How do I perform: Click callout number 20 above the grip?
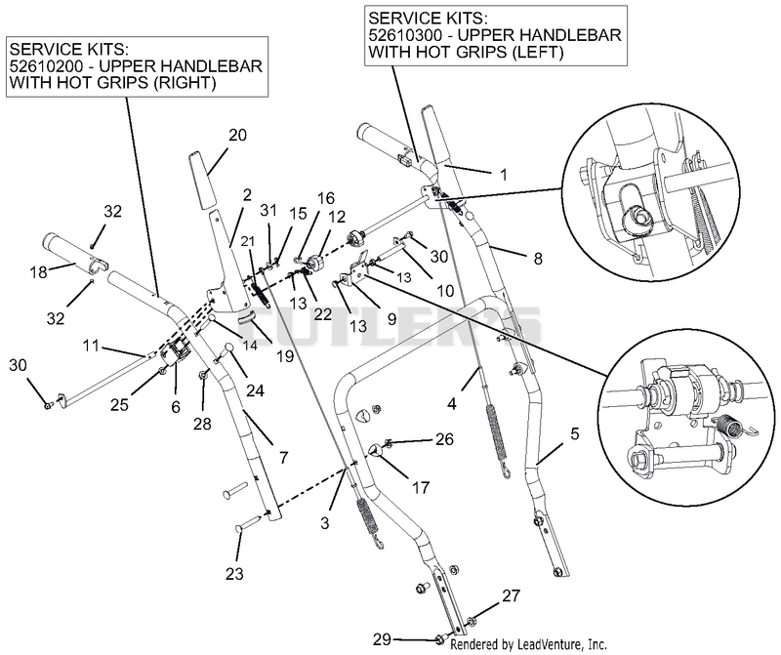tap(237, 135)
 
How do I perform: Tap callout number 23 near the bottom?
tap(234, 573)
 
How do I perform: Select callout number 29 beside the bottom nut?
tap(383, 638)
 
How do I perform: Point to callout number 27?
tap(511, 595)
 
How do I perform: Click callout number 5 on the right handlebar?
tap(574, 433)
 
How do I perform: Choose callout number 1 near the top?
tap(504, 175)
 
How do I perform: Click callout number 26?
tap(444, 439)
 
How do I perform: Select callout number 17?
tap(421, 487)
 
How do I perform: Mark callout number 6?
tap(176, 407)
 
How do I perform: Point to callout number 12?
tap(337, 217)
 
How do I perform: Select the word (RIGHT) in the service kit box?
tap(185, 83)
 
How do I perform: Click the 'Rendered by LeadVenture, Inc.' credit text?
tap(528, 644)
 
